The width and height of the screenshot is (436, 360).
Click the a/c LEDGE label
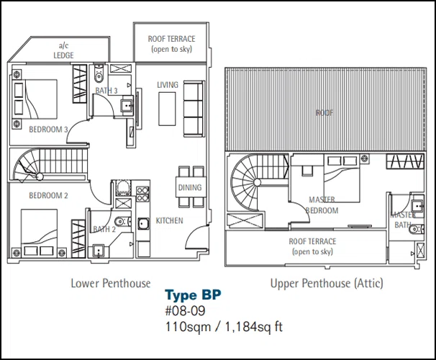point(64,50)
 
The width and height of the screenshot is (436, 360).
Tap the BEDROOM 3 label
point(48,130)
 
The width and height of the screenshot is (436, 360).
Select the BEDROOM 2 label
point(48,196)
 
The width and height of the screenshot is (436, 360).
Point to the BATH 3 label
point(106,91)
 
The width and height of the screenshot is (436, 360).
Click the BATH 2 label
point(104,229)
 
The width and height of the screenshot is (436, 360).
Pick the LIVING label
point(168,85)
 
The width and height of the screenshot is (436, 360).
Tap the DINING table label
point(190,187)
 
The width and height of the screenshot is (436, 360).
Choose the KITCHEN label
point(169,220)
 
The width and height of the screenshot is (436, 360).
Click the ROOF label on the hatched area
point(324,112)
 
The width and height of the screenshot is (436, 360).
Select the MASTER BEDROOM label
point(322,205)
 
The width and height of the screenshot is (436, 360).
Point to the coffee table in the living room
point(167,109)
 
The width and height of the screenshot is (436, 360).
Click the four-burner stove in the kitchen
point(142,194)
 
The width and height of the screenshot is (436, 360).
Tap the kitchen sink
point(143,223)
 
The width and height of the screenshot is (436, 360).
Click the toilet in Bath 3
point(99,73)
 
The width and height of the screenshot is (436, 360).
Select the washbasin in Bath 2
point(99,251)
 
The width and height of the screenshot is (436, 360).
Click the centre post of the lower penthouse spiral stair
point(40,176)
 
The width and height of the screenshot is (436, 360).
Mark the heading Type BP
point(194,295)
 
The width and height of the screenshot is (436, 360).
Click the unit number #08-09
point(185,311)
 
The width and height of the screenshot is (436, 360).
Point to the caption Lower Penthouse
point(111,283)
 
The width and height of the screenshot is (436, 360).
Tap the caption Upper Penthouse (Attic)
point(327,283)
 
